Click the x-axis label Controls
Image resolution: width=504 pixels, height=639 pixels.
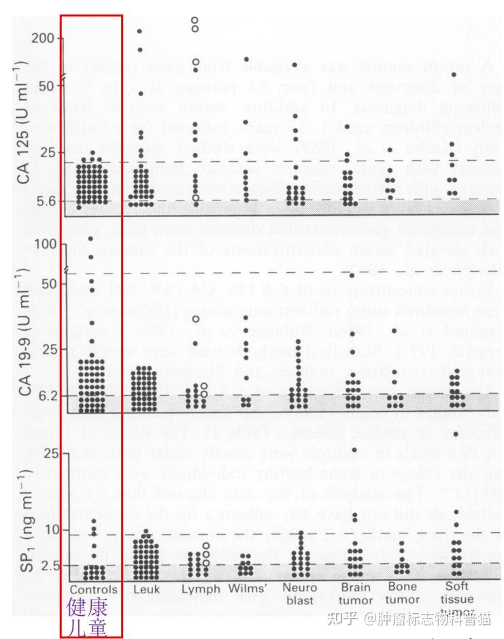(93, 589)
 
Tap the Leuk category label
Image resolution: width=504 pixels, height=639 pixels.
(146, 589)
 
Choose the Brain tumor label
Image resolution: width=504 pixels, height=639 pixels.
(356, 593)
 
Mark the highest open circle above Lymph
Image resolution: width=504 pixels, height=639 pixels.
(195, 20)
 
